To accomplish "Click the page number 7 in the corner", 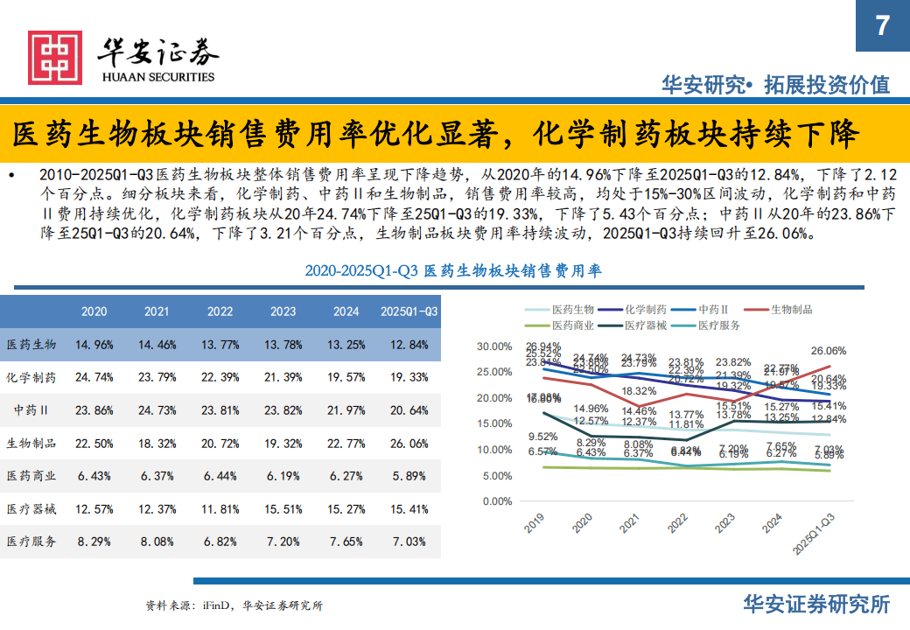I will [x=882, y=25].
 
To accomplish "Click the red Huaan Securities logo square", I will [x=54, y=58].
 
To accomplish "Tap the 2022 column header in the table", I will [x=220, y=311].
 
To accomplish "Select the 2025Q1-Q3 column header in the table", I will [x=409, y=311].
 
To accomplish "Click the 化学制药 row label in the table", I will [x=31, y=377].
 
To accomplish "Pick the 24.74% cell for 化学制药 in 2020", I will [x=94, y=377].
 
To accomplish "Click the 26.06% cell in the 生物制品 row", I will [x=409, y=443].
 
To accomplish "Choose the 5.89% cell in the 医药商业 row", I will [x=409, y=475].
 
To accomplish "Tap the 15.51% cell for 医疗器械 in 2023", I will [x=283, y=508].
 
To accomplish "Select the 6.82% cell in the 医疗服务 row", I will [x=220, y=541].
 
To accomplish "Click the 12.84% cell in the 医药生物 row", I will [x=409, y=345].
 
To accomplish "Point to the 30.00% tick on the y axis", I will [x=494, y=346].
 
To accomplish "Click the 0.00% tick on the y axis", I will [x=497, y=501].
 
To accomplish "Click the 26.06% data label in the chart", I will [x=828, y=350].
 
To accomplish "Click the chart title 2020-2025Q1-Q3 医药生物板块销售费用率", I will [x=453, y=271].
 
